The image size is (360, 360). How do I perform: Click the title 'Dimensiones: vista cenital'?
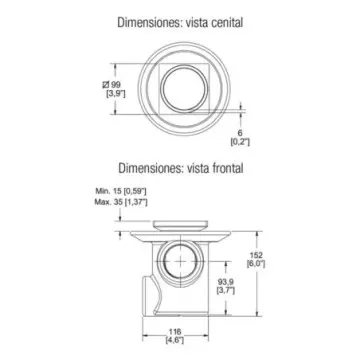180,22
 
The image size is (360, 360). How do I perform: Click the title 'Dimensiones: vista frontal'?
181,168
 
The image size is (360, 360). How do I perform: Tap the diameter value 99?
116,85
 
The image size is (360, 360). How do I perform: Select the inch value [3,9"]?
116,94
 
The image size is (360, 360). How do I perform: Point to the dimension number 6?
240,133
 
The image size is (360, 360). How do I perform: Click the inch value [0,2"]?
240,142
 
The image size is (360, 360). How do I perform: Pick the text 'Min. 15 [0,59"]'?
121,191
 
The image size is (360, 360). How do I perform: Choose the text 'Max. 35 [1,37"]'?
121,202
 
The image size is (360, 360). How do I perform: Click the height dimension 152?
256,255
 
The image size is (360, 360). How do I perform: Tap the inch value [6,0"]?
256,264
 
